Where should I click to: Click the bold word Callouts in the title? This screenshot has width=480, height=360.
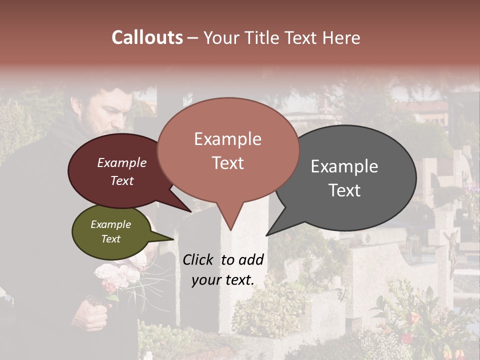[x=147, y=37]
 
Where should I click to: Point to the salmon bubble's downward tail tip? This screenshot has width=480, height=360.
[x=230, y=230]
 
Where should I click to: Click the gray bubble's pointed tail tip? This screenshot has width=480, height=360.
[x=266, y=235]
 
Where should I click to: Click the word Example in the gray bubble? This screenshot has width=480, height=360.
[x=344, y=166]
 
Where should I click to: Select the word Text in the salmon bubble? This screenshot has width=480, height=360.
[x=228, y=163]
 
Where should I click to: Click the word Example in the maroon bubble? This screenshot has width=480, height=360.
[x=122, y=162]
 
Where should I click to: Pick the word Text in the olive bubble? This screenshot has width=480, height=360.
[x=111, y=239]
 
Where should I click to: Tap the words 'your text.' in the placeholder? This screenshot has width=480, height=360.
[x=223, y=280]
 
